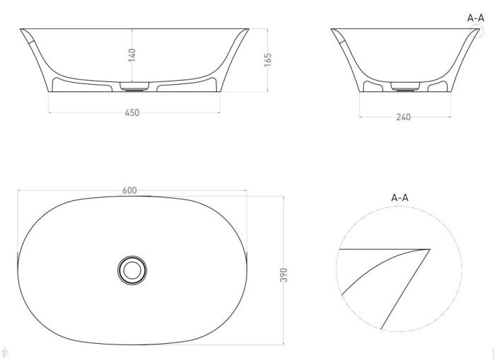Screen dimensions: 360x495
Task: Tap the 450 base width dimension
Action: [x=132, y=113]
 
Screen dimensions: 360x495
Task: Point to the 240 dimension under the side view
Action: [x=404, y=117]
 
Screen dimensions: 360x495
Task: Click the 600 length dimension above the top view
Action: [x=129, y=190]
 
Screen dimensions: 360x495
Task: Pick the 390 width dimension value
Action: [x=284, y=274]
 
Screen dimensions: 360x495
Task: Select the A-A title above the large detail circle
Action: [x=400, y=197]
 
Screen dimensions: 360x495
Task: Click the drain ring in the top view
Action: [x=132, y=269]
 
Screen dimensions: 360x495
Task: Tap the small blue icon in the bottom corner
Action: [x=4, y=352]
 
